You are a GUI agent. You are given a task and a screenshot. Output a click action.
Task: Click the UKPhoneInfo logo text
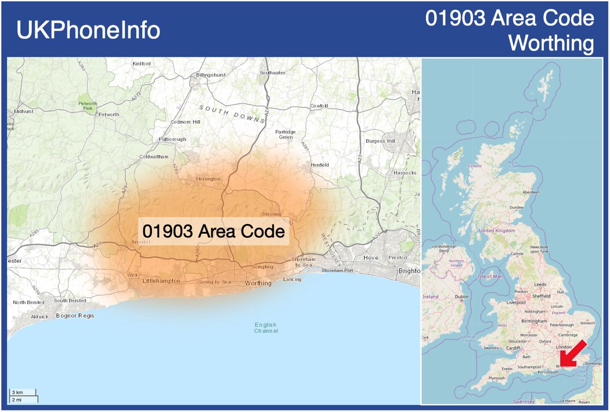click(x=88, y=30)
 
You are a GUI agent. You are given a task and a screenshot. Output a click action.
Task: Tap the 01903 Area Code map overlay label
click(x=214, y=232)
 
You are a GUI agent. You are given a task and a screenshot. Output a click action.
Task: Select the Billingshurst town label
click(x=211, y=75)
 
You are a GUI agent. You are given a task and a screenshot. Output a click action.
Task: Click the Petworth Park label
click(x=88, y=106)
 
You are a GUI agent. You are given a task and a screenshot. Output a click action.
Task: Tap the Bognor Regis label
click(x=75, y=316)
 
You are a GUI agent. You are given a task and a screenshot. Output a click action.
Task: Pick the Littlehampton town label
click(x=161, y=281)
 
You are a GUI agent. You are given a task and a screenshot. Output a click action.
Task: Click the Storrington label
click(x=208, y=179)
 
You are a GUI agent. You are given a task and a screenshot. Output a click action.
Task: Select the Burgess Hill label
click(x=380, y=141)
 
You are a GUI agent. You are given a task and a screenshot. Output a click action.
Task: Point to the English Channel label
click(x=266, y=328)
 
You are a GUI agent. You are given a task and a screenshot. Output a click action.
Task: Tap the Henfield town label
click(x=319, y=165)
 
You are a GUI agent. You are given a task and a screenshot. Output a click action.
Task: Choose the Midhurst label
click(x=24, y=111)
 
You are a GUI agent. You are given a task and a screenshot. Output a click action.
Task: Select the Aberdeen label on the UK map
click(x=530, y=192)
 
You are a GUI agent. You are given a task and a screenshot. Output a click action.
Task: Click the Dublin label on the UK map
click(x=462, y=297)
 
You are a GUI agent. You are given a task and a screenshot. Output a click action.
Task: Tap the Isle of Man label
click(x=490, y=276)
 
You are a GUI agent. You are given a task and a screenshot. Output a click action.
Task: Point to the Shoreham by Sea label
click(x=304, y=262)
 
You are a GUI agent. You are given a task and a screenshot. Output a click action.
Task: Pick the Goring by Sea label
click(x=214, y=281)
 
